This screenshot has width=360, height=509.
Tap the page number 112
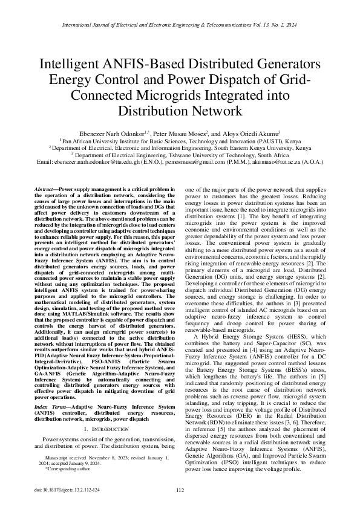point(180,491)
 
